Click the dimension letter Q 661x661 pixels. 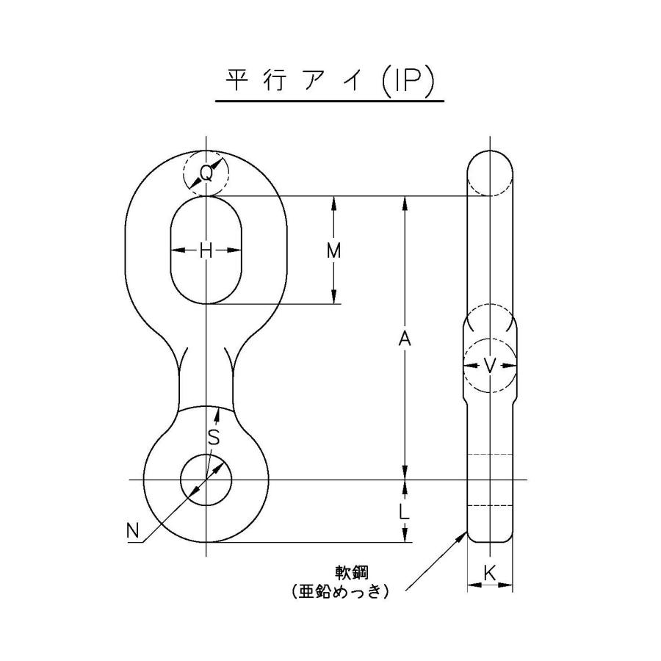[207, 174]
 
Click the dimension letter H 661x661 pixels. [206, 250]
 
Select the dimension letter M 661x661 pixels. [334, 250]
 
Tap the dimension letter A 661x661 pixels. [403, 338]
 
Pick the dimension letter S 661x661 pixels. [213, 438]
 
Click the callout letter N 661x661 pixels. [133, 530]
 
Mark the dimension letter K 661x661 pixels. [490, 574]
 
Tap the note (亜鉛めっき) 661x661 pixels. [339, 590]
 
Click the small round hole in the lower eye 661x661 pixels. [206, 480]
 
